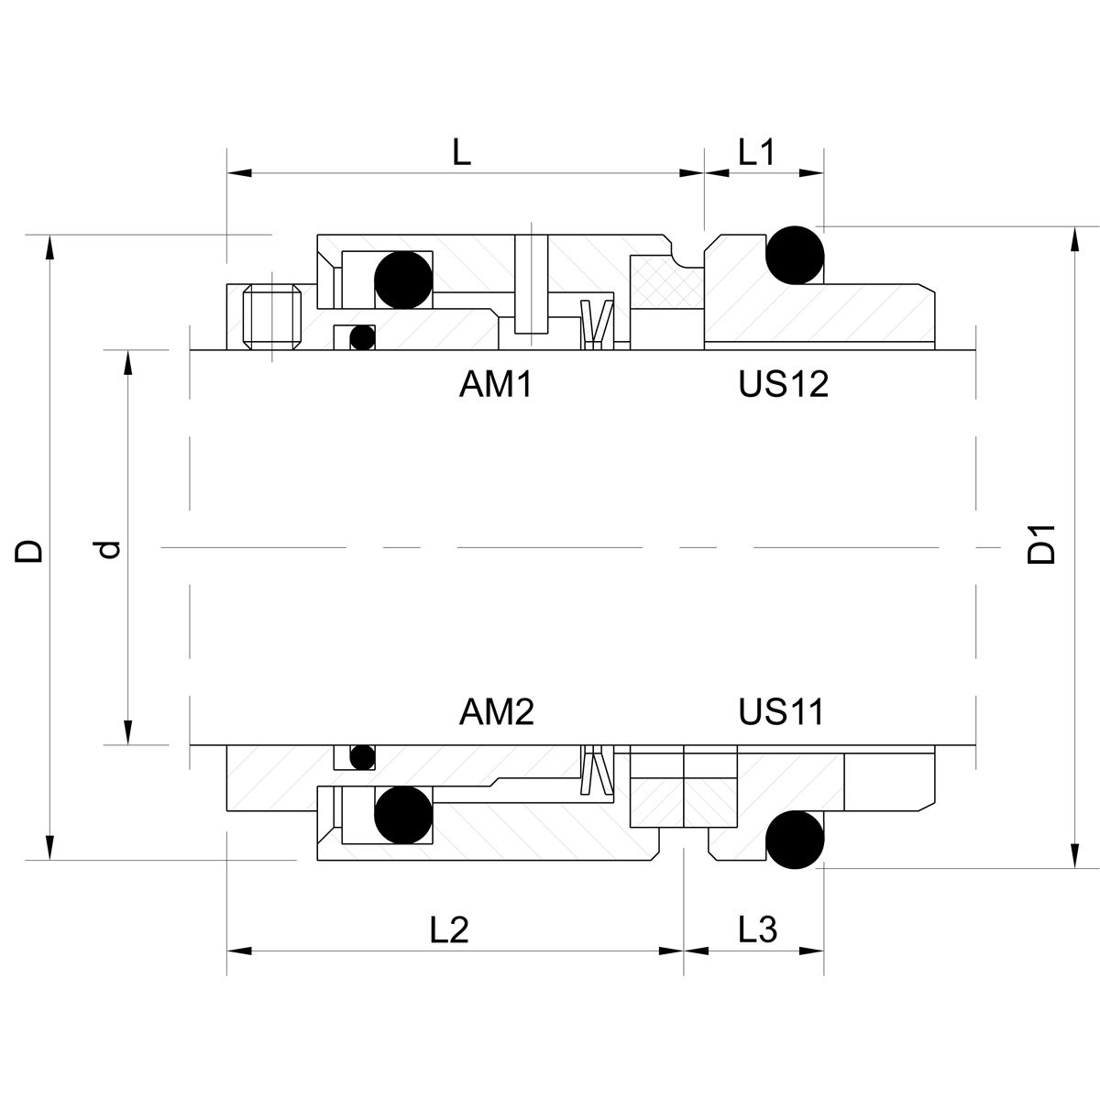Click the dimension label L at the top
click(x=462, y=152)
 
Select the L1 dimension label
click(x=757, y=152)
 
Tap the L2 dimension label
click(x=449, y=930)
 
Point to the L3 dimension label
click(x=758, y=930)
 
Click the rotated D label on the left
click(x=29, y=549)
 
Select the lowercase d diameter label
click(x=109, y=549)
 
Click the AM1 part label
click(x=495, y=385)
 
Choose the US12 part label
click(x=783, y=385)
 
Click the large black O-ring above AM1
click(x=403, y=279)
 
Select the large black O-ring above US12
click(x=796, y=254)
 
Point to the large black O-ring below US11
click(x=795, y=839)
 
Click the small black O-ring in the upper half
click(x=363, y=337)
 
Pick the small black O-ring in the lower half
click(x=363, y=757)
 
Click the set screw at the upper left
click(x=272, y=317)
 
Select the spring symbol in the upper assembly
click(x=596, y=324)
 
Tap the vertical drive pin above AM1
click(x=531, y=284)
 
